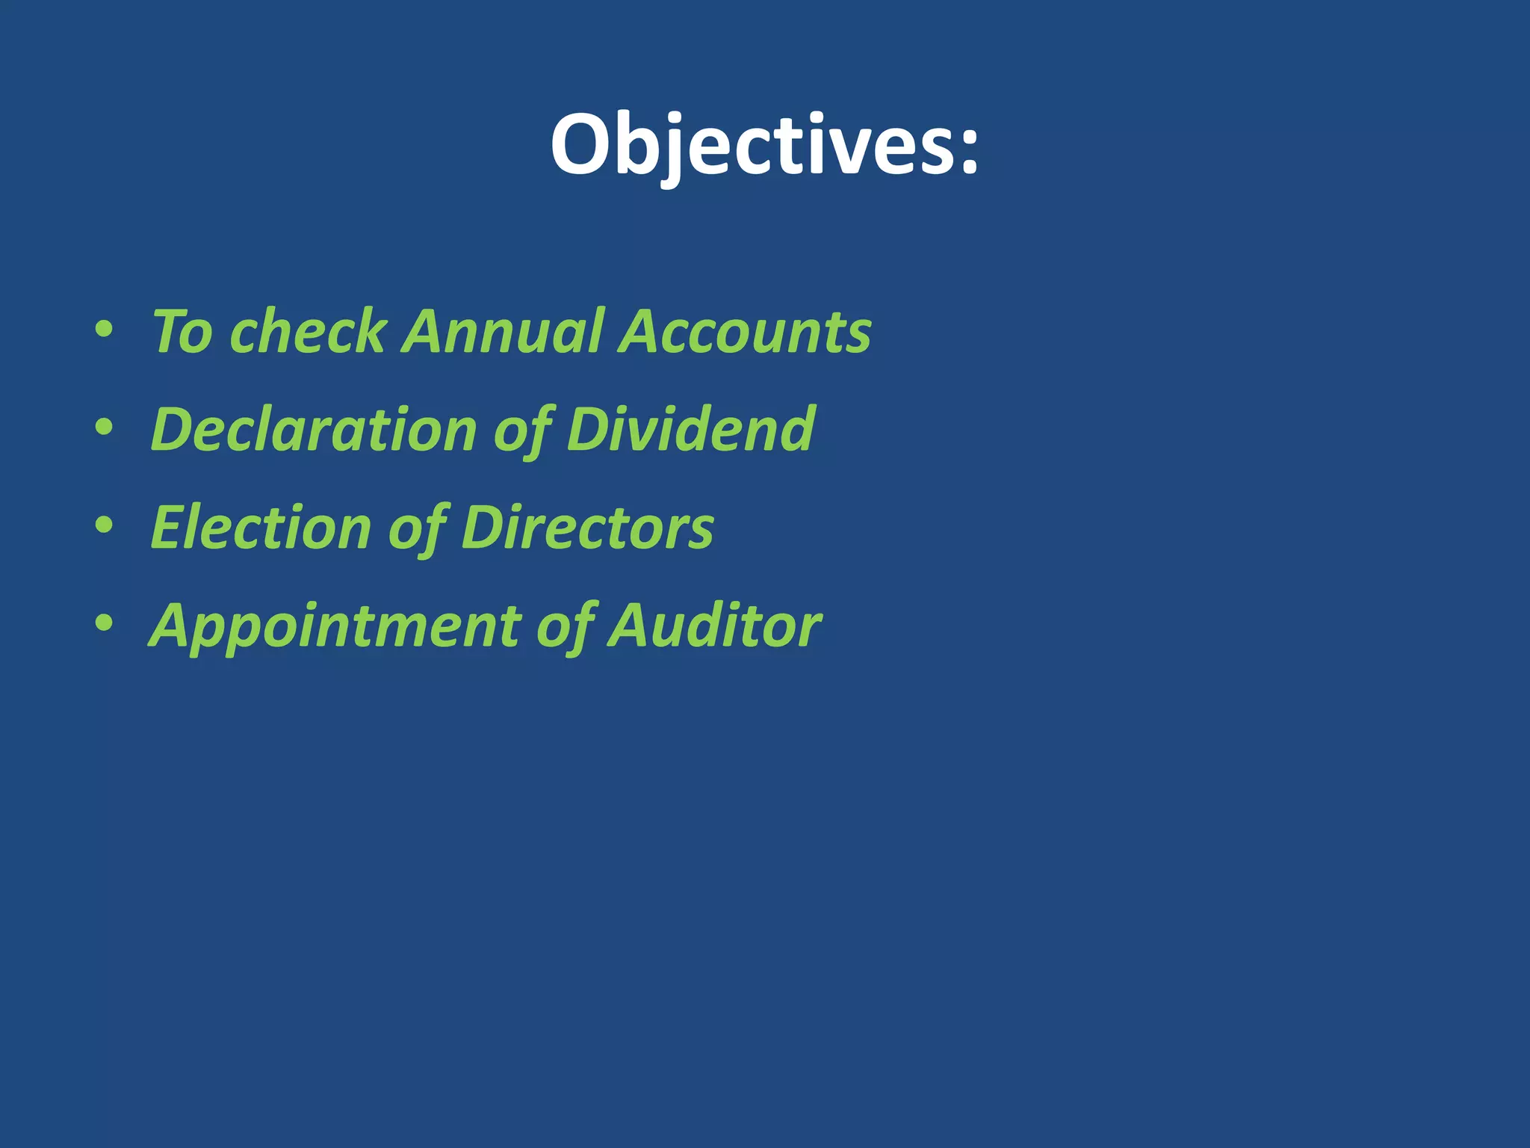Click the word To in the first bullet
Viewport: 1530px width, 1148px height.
click(182, 331)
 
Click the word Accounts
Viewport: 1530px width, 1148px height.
click(745, 331)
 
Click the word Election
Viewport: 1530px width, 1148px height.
click(261, 528)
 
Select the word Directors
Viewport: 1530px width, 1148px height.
click(587, 528)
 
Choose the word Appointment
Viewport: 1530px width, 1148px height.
click(335, 626)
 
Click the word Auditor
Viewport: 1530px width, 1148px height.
click(715, 626)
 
